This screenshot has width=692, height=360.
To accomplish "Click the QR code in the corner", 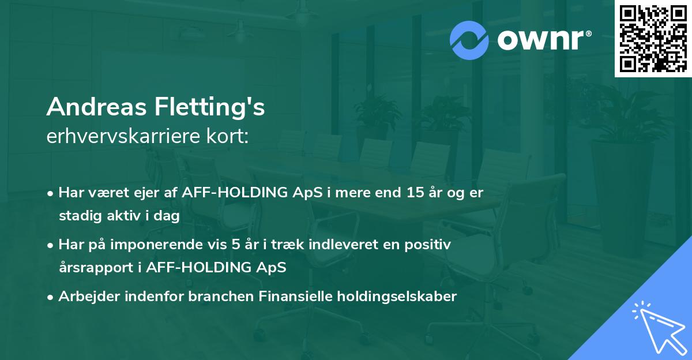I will click(x=653, y=39).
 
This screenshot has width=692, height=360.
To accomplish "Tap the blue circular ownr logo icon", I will click(x=469, y=39).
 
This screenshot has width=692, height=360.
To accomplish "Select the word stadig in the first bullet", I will click(x=78, y=216).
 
